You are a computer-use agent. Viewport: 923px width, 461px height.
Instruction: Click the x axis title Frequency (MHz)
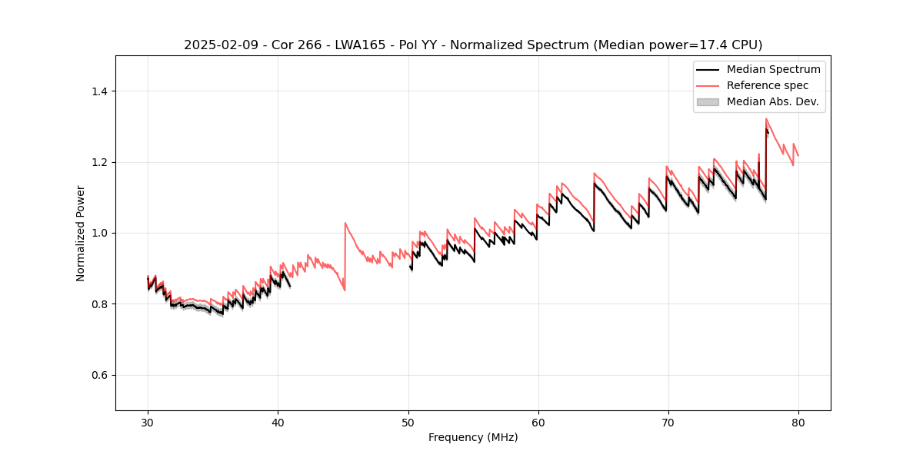[473, 437]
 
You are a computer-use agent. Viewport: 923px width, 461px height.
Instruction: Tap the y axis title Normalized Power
[81, 233]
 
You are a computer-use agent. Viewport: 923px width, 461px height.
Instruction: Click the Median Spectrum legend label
[773, 69]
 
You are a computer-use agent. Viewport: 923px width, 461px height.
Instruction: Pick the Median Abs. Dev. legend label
[772, 101]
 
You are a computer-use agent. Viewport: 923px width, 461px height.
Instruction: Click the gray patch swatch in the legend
[708, 101]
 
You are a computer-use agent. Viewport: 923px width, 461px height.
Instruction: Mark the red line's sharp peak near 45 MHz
[345, 223]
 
